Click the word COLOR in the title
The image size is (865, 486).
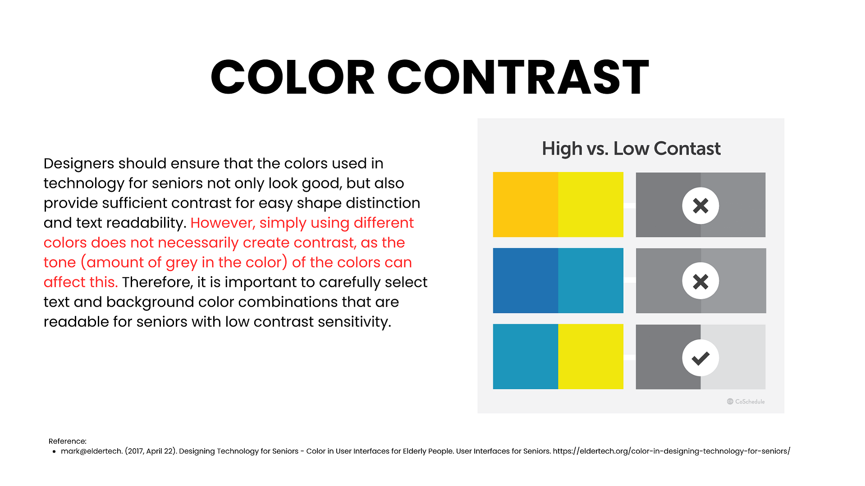293,77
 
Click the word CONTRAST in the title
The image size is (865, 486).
518,77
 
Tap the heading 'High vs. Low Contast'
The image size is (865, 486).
631,149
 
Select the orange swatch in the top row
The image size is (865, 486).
526,204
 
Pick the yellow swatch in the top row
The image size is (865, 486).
591,204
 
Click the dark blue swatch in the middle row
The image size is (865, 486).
526,281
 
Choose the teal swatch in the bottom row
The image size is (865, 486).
526,357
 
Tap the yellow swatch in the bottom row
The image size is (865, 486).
591,357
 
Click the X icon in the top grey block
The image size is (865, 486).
700,206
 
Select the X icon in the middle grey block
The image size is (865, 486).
700,281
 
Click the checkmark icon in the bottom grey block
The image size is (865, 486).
700,358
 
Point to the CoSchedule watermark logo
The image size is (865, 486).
746,401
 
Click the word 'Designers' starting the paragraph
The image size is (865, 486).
79,164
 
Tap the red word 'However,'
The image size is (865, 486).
223,223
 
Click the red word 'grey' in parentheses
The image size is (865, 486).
182,263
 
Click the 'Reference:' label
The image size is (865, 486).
68,441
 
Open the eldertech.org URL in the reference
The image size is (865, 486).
672,451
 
